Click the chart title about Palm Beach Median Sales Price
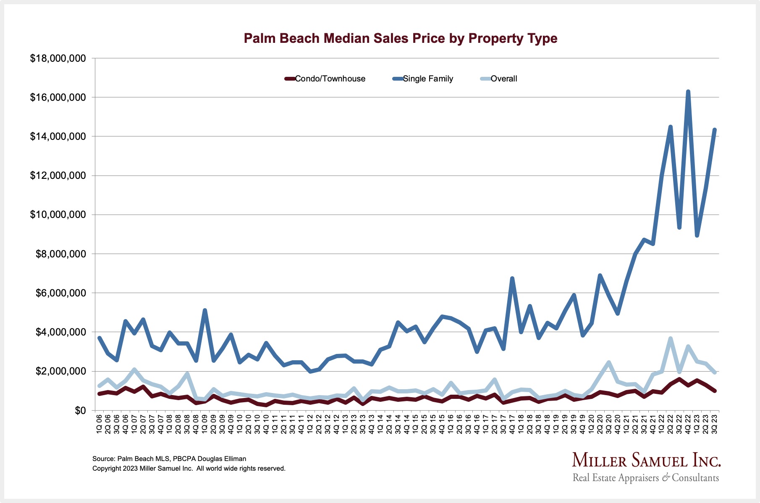(400, 39)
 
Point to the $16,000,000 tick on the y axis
(58, 97)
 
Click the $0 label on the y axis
(80, 411)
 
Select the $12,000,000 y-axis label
(58, 176)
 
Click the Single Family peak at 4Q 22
(688, 92)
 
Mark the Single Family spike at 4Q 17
(512, 278)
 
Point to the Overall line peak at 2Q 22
(671, 338)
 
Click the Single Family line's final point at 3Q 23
(715, 130)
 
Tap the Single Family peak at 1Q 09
(204, 311)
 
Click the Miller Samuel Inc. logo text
(646, 461)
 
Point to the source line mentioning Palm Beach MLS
(169, 459)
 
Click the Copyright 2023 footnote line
(189, 469)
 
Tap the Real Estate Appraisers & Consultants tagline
(645, 478)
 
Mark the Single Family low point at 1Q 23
(697, 236)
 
